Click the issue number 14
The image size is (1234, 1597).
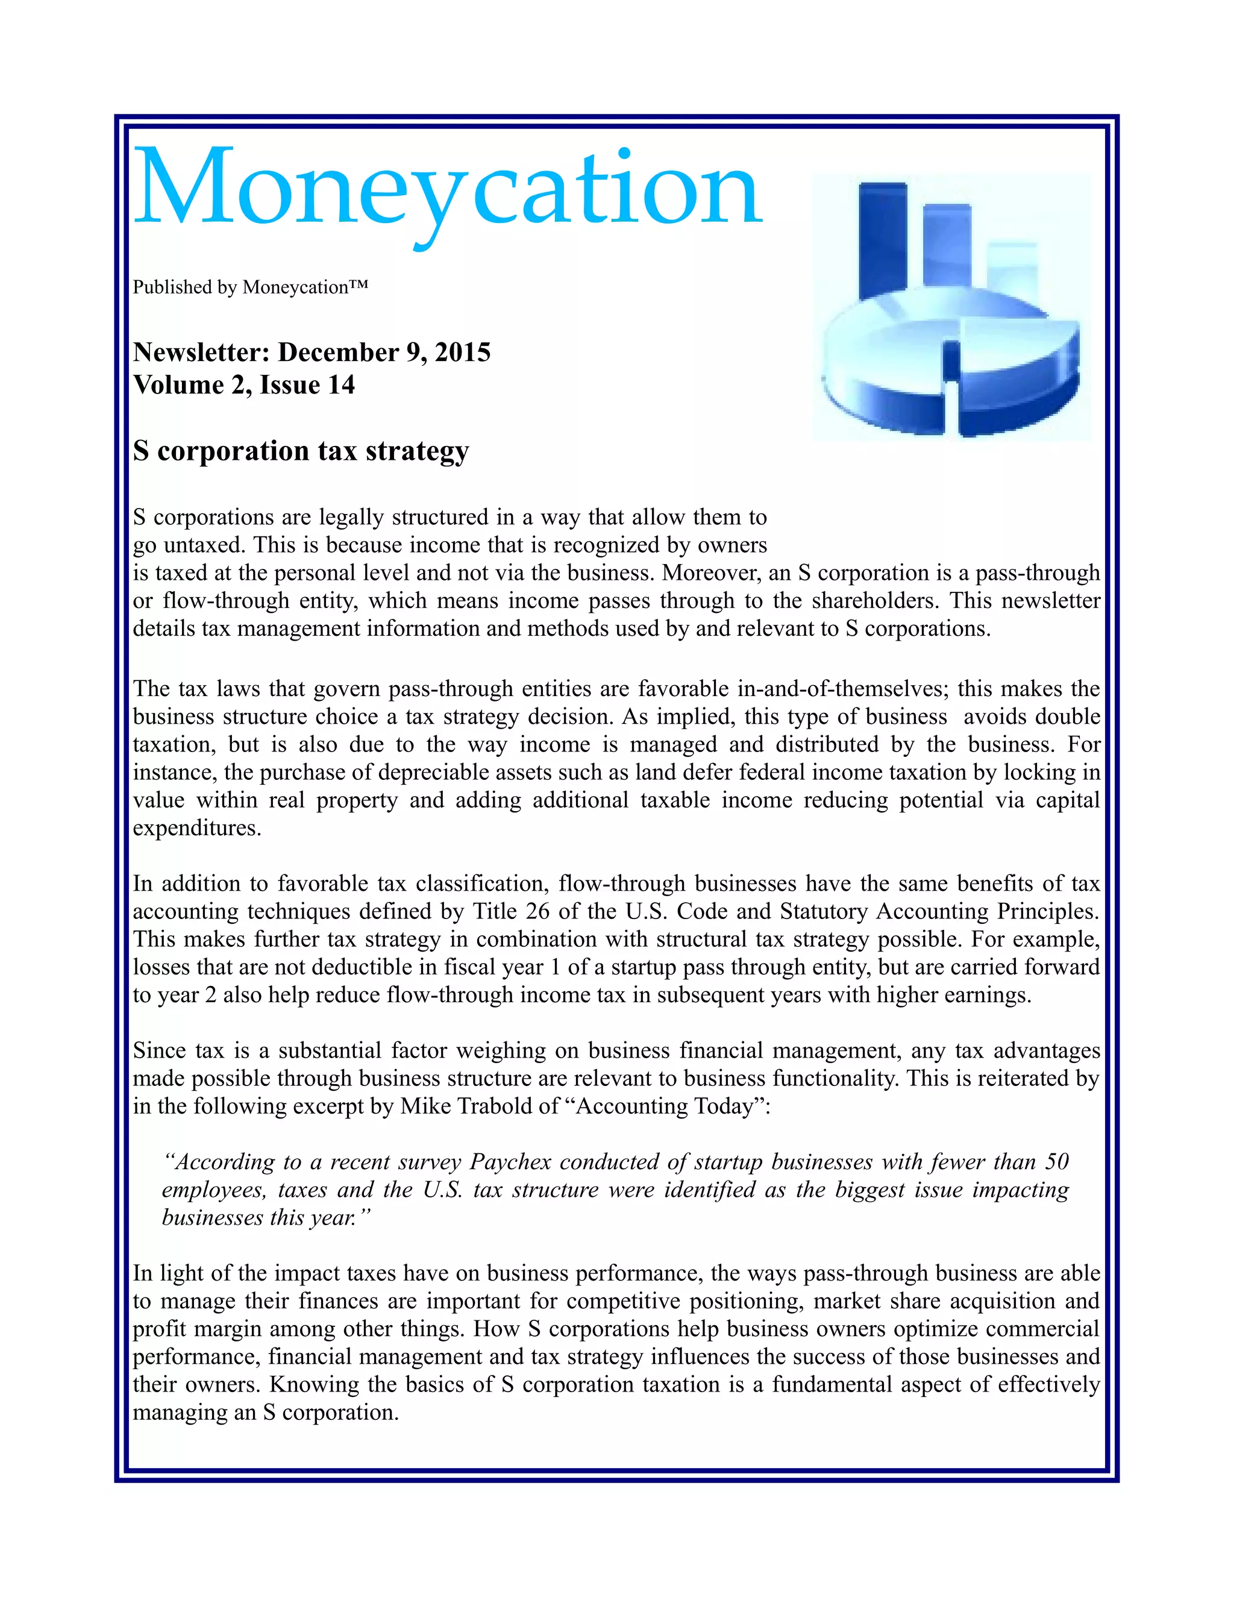click(340, 385)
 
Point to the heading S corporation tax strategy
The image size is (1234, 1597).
click(301, 451)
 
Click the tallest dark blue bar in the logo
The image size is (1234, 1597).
click(882, 241)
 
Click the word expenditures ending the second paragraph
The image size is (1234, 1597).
click(196, 829)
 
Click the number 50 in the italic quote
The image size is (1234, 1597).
click(1056, 1162)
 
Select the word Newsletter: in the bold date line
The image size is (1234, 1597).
click(201, 353)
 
